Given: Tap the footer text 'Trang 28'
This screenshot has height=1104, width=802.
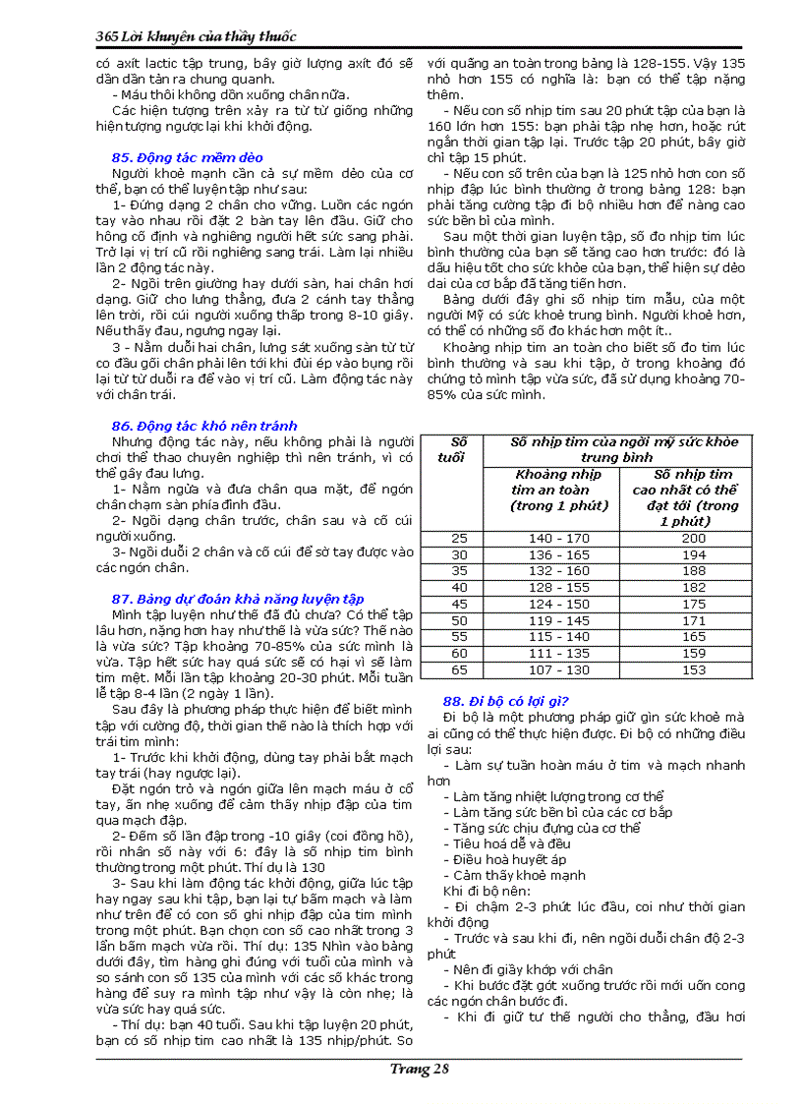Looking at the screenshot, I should click(419, 1070).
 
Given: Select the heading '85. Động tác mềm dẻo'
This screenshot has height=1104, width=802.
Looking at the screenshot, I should click(187, 157).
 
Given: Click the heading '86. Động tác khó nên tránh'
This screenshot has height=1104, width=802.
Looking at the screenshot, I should click(203, 426).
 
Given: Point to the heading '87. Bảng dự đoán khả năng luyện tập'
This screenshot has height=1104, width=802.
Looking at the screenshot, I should click(238, 598).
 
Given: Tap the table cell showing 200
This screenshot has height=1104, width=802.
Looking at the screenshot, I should click(694, 538).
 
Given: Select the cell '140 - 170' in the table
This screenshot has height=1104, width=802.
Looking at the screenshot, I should click(559, 538).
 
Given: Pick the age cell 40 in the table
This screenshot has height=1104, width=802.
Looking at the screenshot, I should click(459, 587).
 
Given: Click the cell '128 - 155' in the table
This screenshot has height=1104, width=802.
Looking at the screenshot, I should click(559, 587).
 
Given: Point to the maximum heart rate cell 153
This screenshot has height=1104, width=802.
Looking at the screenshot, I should click(694, 669).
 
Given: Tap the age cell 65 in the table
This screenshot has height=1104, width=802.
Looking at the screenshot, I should click(459, 669).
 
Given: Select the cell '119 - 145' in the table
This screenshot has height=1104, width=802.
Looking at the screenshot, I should click(559, 620).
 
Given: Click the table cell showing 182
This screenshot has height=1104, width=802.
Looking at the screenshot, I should click(694, 587).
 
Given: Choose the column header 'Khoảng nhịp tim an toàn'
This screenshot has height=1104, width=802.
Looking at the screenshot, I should click(559, 490).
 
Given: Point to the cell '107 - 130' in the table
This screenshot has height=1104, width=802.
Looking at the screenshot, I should click(559, 669).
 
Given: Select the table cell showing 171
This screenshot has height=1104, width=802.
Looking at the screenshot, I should click(694, 620).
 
